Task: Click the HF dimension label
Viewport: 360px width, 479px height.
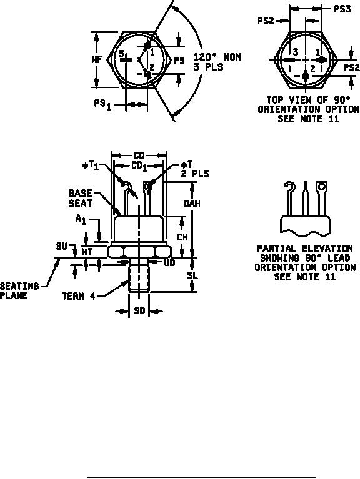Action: pos(97,59)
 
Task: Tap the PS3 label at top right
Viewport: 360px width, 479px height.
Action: pos(342,9)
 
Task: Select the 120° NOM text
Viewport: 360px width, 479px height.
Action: pos(217,57)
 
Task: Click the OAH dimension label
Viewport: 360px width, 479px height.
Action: pos(192,204)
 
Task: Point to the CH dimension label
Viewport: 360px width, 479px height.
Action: pos(182,237)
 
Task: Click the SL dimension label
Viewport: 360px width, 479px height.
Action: pos(192,275)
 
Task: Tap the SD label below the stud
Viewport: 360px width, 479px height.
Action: pos(139,311)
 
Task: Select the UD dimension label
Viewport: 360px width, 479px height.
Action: pos(169,262)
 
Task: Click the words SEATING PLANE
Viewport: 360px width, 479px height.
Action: pos(19,290)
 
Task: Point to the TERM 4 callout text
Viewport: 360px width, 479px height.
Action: pos(79,296)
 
